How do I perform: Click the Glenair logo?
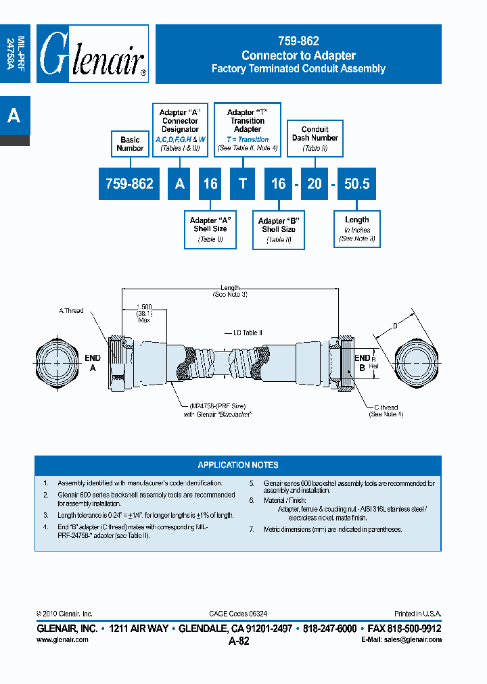pos(93,55)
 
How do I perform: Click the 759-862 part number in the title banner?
pos(298,42)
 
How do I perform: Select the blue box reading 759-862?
pos(129,184)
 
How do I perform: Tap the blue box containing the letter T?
pos(242,184)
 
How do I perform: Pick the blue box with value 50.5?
pos(356,184)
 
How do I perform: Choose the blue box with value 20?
pos(314,184)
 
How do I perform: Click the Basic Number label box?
pos(130,144)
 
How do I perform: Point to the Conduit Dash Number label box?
pos(315,138)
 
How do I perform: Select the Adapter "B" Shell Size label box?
pos(279,230)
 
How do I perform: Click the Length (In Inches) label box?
pos(356,229)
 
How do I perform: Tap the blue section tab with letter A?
pos(14,116)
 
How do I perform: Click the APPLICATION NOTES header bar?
pos(238,465)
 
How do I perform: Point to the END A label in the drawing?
pos(93,362)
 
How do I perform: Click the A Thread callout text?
pos(71,311)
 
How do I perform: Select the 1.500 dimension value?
pos(143,306)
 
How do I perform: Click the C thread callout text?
pos(387,408)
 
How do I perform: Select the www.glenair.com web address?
pos(62,639)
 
